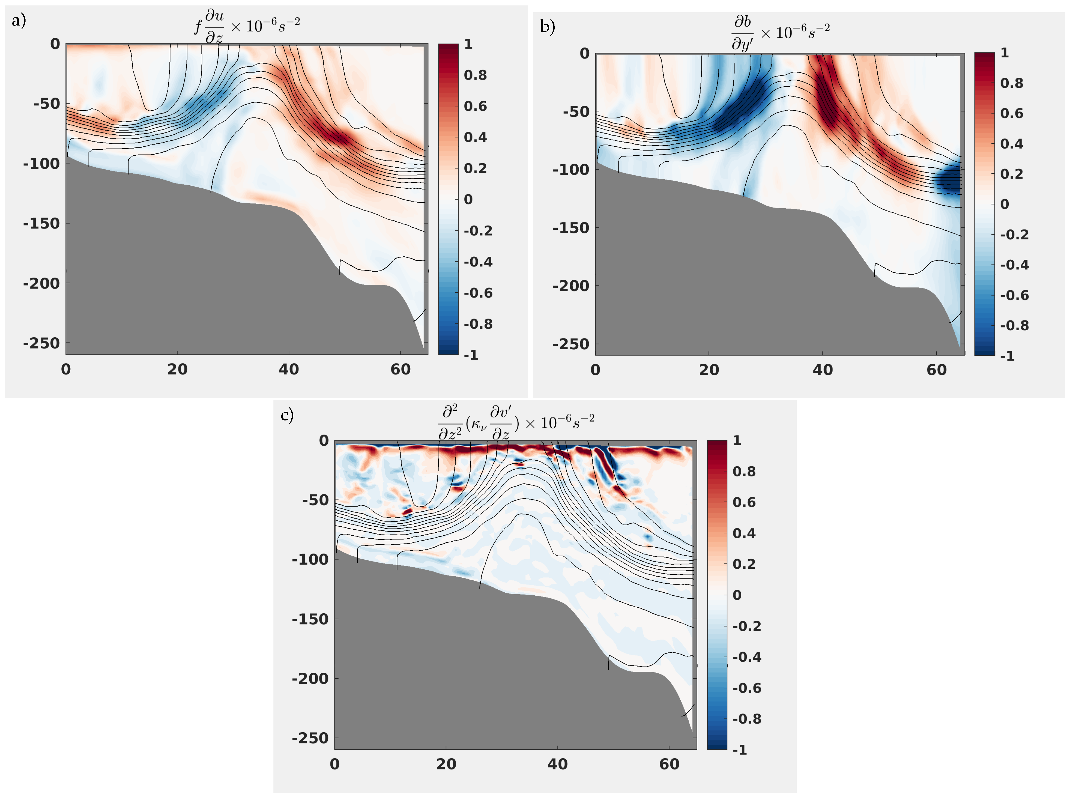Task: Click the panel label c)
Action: pos(287,415)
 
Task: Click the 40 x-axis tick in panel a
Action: pos(288,370)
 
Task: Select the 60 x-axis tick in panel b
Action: pos(936,370)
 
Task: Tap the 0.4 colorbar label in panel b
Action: pos(1011,143)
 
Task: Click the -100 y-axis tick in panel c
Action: pos(310,559)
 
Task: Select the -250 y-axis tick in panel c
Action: pos(310,738)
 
